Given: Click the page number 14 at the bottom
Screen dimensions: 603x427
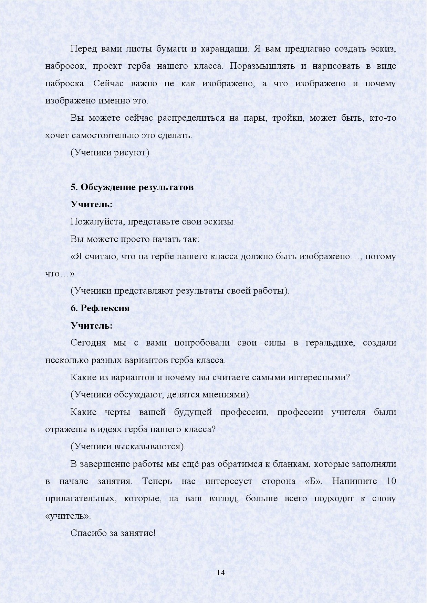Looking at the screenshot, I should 221,573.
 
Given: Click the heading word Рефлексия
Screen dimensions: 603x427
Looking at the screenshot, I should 105,308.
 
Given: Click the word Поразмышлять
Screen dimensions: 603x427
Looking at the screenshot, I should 262,66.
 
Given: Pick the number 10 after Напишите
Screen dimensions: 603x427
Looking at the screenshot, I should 391,481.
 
